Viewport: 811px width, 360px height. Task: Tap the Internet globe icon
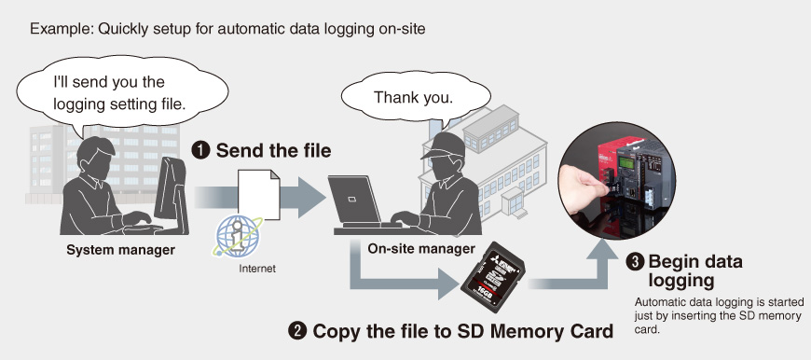(239, 236)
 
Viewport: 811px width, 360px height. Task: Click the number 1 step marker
(200, 151)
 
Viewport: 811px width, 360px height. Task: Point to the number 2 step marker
(297, 331)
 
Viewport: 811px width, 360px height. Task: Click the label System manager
(120, 250)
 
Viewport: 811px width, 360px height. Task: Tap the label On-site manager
(421, 249)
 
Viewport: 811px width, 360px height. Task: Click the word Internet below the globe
(257, 269)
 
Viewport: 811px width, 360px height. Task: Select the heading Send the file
(274, 151)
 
